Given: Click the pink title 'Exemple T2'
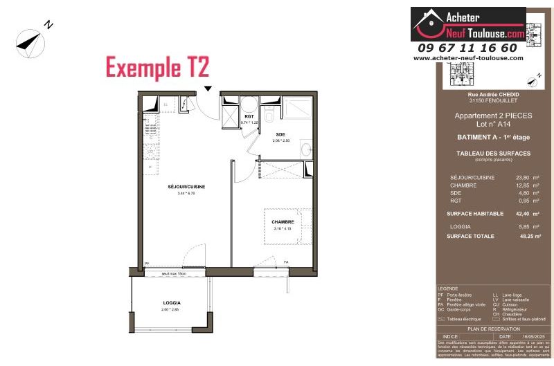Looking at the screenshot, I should coord(157,68).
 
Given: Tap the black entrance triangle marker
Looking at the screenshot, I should coord(208,89).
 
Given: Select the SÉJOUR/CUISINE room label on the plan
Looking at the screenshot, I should coord(186,187).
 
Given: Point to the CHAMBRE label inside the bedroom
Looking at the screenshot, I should coord(283,221).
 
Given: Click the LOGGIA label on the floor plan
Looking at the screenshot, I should coord(172,303).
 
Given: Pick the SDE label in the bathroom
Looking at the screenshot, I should coord(280,134).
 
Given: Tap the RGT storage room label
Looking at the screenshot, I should coord(249,117).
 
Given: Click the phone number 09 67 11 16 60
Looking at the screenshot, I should coord(467,48).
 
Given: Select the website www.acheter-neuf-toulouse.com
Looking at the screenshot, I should coord(468,58).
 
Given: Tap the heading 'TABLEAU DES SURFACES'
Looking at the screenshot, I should coord(484,153).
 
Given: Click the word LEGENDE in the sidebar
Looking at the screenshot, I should coord(448,289).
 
